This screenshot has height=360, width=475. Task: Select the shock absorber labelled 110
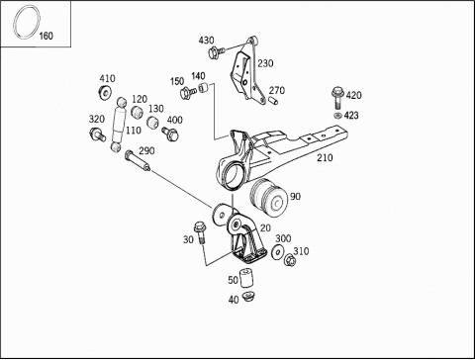tap(118, 125)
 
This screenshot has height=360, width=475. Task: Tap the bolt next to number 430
tap(216, 52)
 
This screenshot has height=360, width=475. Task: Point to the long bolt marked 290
tap(138, 160)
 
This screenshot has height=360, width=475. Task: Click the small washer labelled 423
tap(337, 116)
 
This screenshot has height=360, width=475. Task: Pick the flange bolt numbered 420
tap(337, 97)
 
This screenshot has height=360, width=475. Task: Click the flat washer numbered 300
tap(278, 252)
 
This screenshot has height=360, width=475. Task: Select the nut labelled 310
tap(290, 260)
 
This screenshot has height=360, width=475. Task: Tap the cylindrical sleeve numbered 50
tap(245, 279)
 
